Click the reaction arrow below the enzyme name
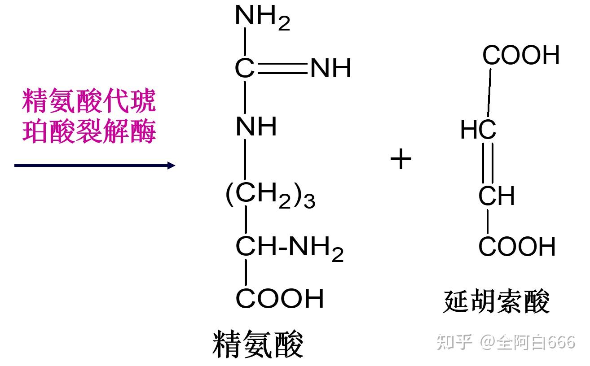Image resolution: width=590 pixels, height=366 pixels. click(x=94, y=166)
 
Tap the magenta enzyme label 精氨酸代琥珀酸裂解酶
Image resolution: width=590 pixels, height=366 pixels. click(x=89, y=116)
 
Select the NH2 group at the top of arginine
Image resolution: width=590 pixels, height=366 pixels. click(x=262, y=18)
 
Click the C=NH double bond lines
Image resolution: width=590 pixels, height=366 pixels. click(x=282, y=69)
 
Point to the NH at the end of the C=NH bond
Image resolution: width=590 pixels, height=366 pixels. click(x=330, y=69)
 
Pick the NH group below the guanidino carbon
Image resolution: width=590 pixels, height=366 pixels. click(x=256, y=126)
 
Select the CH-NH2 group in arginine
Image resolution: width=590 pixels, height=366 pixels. click(x=290, y=248)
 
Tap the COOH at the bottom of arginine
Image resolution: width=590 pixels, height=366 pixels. click(x=280, y=299)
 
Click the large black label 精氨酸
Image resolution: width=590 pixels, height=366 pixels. click(x=258, y=344)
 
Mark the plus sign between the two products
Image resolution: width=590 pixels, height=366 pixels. click(x=401, y=160)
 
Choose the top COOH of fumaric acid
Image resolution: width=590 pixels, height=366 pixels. click(x=521, y=56)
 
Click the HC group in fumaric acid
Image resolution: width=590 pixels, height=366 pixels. click(x=478, y=130)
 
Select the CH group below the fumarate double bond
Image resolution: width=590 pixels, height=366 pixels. click(x=496, y=196)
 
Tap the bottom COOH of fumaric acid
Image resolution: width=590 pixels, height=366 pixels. click(x=517, y=247)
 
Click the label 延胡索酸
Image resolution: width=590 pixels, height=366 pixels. click(x=496, y=301)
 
